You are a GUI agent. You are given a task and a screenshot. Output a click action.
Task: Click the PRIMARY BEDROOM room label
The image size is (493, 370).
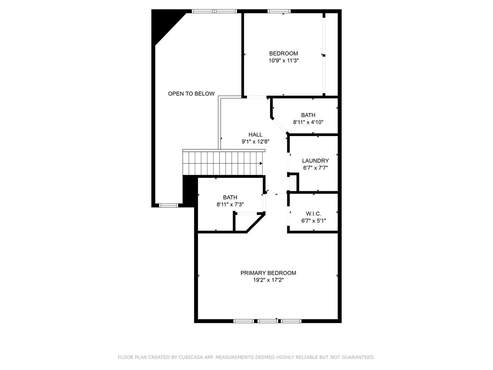[268, 273]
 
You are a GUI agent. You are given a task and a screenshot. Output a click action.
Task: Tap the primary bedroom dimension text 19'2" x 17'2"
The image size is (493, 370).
[268, 280]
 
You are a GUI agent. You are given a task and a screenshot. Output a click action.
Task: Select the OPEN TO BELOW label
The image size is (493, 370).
[191, 94]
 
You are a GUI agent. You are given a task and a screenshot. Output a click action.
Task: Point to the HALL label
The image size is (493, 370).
[255, 135]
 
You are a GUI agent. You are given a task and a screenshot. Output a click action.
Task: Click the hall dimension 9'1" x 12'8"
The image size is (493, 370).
[255, 142]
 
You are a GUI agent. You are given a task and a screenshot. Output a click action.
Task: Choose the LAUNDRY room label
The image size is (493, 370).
[315, 161]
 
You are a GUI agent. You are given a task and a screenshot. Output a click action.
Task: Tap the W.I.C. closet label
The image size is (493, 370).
[314, 213]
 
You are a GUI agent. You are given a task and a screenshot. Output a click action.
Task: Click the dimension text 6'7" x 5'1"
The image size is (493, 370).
[314, 221]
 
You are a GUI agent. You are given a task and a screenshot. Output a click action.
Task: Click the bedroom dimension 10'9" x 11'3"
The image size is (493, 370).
[284, 60]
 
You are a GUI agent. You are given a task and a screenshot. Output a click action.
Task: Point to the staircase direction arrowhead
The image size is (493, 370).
[261, 163]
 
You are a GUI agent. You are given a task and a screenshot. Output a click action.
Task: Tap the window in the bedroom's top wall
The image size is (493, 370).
[279, 11]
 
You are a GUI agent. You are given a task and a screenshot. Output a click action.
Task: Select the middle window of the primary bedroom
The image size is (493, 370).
[267, 321]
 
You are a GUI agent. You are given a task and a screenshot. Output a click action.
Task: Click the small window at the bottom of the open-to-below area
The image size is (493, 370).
[168, 205]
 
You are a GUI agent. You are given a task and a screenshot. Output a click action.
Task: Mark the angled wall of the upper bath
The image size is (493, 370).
[279, 125]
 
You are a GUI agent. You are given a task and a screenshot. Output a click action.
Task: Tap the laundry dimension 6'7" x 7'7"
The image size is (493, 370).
[315, 168]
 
